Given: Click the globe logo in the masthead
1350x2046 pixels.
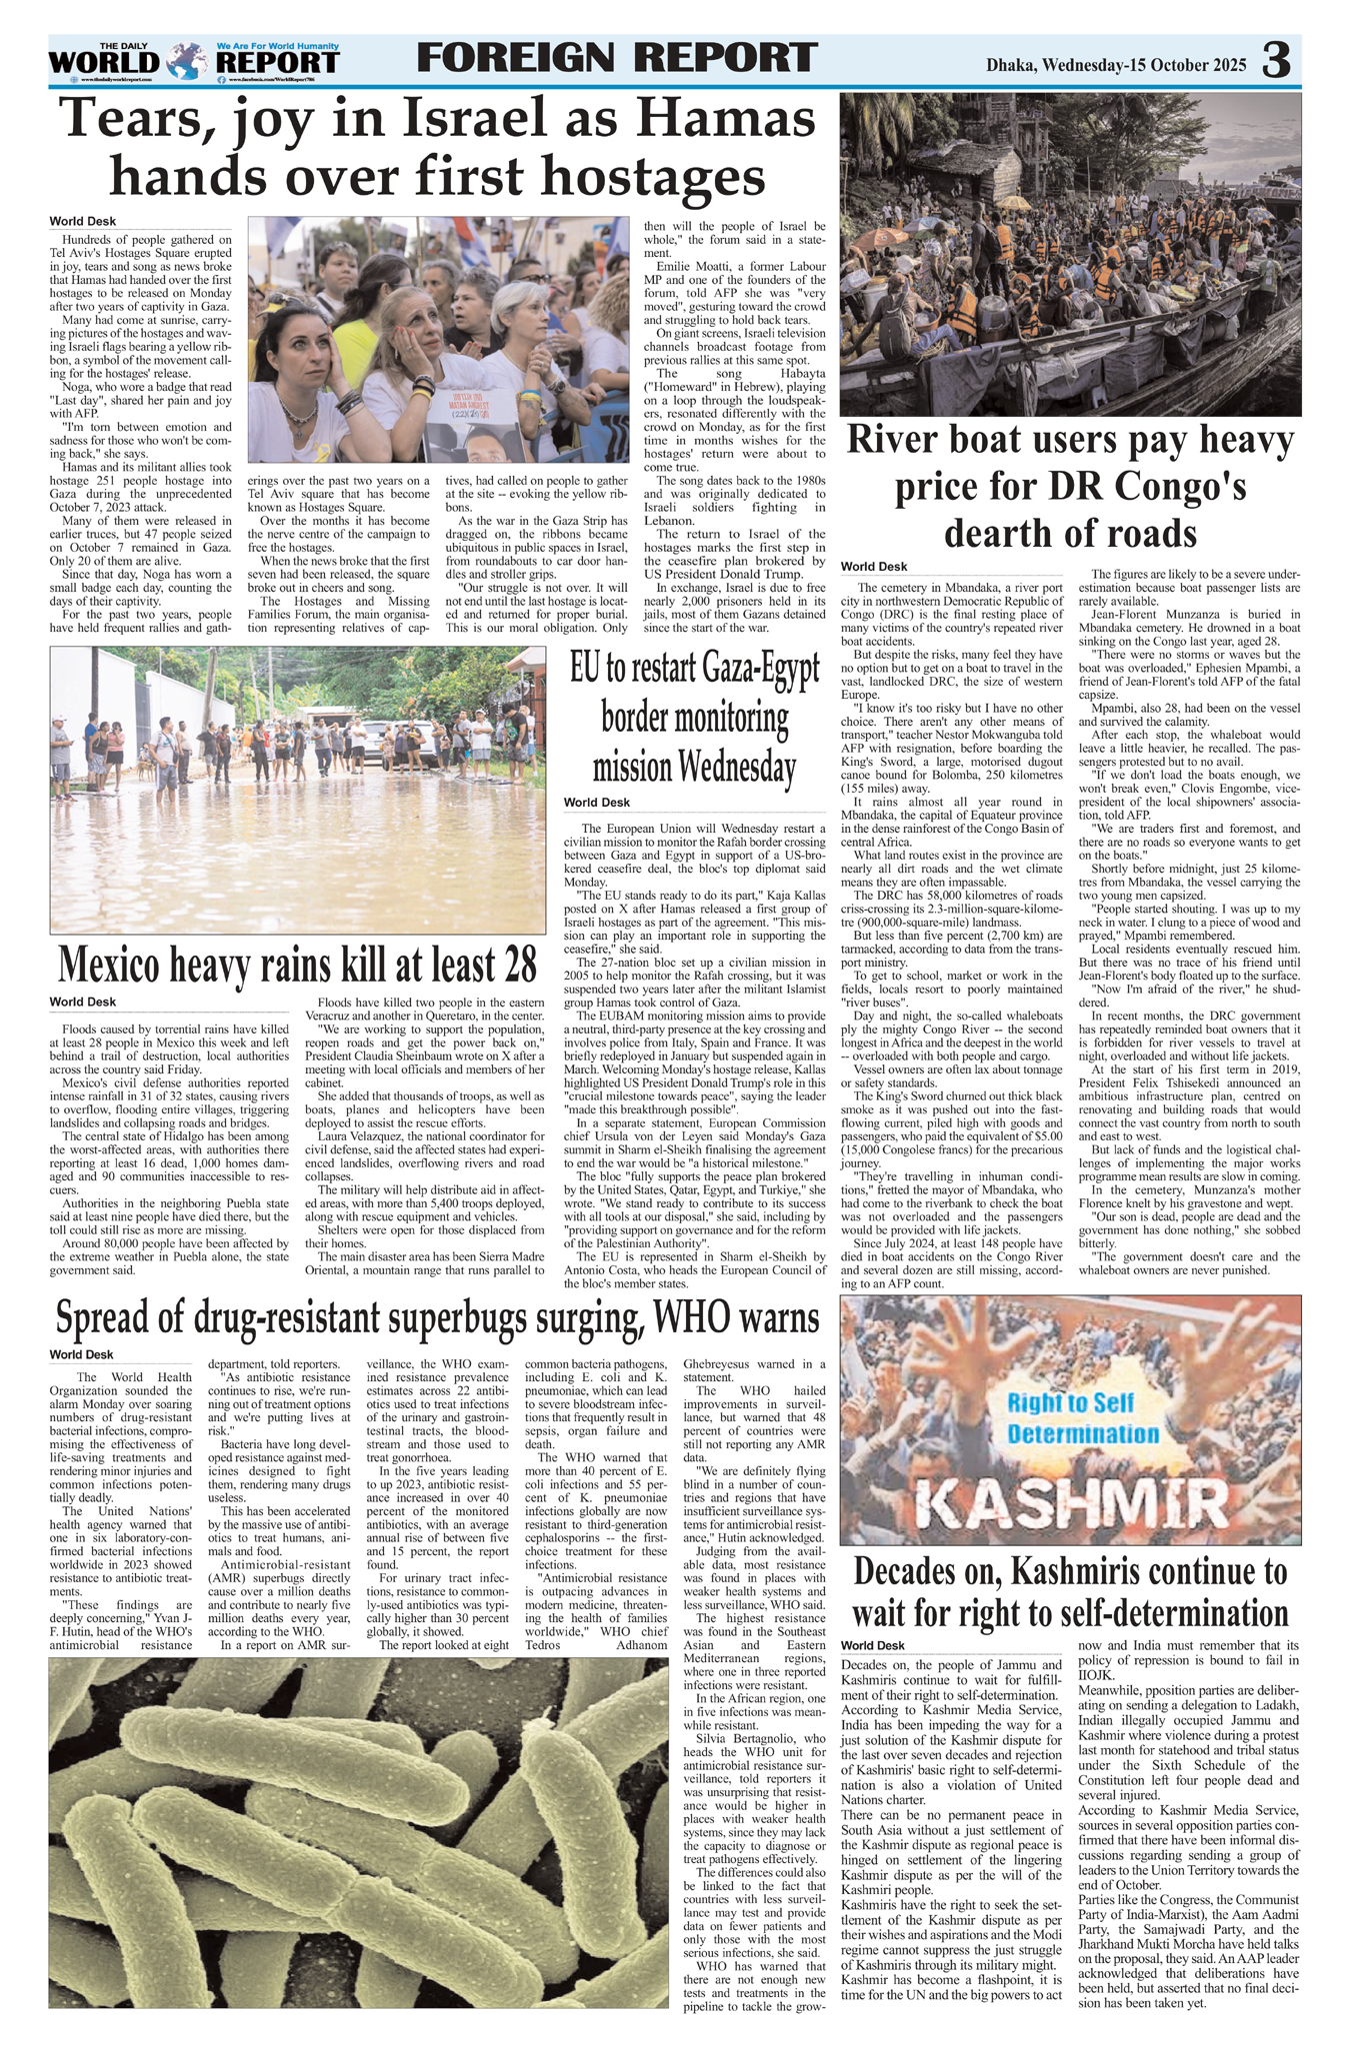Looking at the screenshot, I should [185, 62].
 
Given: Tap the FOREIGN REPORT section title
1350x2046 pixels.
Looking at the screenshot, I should [616, 58].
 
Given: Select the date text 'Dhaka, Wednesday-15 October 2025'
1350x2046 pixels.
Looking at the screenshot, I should [1116, 66].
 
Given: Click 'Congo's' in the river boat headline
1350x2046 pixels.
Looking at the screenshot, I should [1155, 487].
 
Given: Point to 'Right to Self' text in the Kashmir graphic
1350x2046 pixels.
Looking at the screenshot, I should [1070, 1401].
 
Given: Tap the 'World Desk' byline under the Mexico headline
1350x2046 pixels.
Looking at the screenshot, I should [83, 1002].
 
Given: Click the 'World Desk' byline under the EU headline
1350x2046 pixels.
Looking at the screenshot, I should [597, 803].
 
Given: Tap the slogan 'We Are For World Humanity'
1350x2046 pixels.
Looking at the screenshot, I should [278, 46].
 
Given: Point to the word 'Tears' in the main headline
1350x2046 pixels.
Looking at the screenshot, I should [138, 121].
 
